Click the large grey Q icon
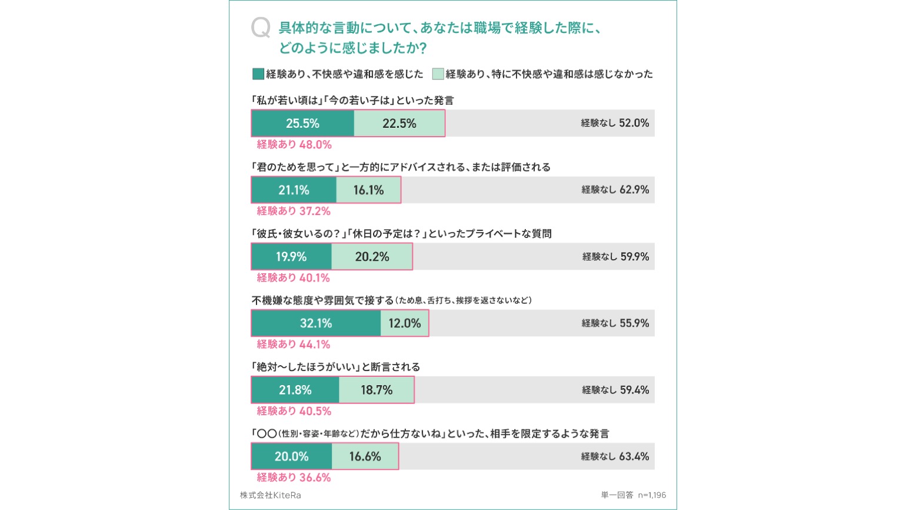(260, 28)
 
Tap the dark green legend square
(258, 74)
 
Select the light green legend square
(438, 74)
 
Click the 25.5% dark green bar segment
(302, 124)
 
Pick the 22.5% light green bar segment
(399, 124)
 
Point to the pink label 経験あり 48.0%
(294, 144)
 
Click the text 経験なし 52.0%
(615, 123)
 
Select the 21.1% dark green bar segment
(294, 190)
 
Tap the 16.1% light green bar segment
(368, 190)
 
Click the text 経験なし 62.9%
(615, 190)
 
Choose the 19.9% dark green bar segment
(291, 257)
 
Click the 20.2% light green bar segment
(372, 257)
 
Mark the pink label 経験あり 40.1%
(294, 277)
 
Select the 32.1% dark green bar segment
(316, 323)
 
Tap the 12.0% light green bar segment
(405, 323)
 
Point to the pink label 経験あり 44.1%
(294, 344)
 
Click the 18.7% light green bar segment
(377, 390)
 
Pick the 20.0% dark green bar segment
(291, 456)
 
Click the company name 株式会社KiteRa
(270, 495)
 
